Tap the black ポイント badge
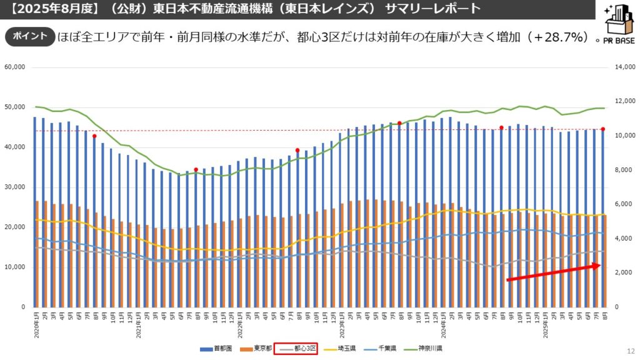[x=29, y=36]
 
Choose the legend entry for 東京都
[x=257, y=349]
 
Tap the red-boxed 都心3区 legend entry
[x=297, y=349]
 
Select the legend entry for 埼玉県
[x=341, y=349]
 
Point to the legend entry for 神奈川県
[x=426, y=349]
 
